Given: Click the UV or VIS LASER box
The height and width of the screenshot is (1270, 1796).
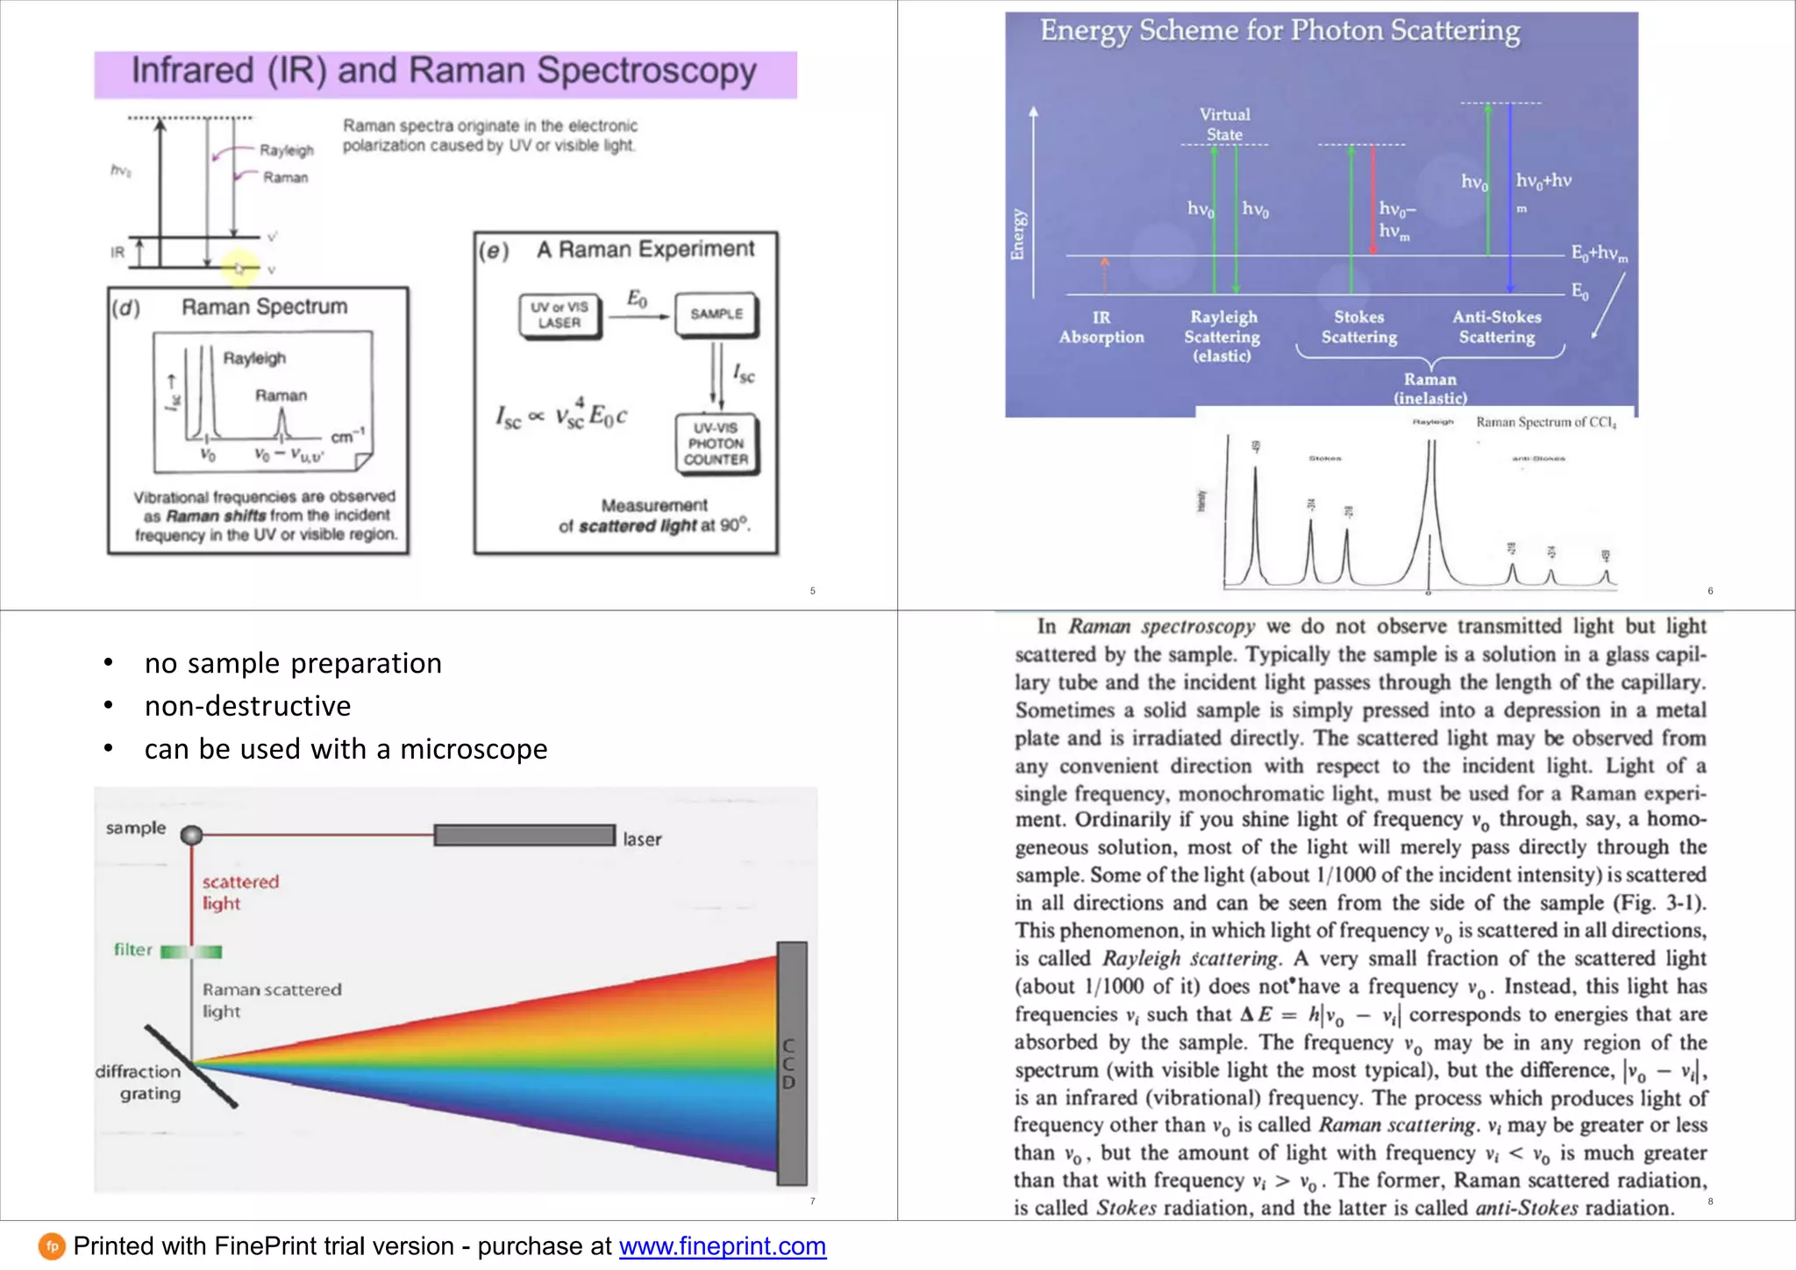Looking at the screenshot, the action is coord(559,316).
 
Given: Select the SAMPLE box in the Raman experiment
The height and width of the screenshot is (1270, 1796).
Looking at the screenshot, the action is coord(716,314).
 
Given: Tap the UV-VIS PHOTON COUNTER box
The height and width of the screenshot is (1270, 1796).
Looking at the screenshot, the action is coord(716,444).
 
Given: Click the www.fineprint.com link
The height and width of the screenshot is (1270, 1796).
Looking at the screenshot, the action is coord(723,1246).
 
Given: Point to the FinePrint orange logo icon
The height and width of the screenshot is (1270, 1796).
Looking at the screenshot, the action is coord(52,1246).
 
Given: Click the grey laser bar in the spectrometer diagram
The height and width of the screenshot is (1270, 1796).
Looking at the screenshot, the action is coord(524,836).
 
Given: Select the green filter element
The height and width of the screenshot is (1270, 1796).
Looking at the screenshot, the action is coord(192,952).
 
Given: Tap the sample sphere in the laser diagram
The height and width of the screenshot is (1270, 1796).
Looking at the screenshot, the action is coord(191,835).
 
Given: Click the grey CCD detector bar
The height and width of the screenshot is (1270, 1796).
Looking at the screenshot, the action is coord(791,1063).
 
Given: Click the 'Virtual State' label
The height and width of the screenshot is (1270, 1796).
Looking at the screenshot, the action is coord(1224,125).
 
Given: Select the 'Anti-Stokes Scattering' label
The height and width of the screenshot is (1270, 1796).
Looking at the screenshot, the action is coord(1496,327).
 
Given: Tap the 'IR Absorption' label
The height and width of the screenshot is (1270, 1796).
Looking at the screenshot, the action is coord(1101,327).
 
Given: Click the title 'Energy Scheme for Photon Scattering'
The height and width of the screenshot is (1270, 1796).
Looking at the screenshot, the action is coord(1279,31).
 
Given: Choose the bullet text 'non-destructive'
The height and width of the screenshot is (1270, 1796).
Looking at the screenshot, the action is coord(248,706).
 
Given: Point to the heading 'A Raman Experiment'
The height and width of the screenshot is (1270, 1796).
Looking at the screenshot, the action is coord(645,250).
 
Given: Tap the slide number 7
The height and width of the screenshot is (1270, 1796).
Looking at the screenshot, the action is coord(812,1201).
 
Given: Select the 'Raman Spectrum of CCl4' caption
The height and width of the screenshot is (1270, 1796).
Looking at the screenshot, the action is coord(1545,423).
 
